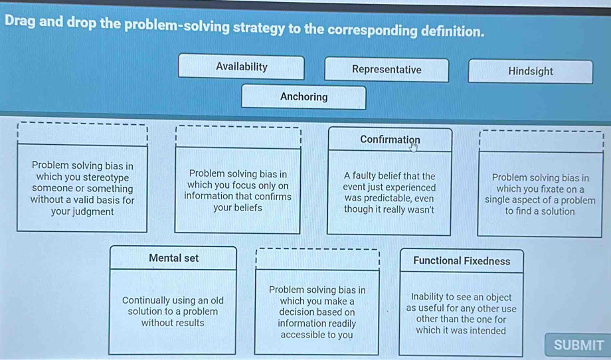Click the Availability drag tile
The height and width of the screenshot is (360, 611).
coord(241,67)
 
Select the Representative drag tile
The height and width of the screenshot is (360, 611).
coord(387,70)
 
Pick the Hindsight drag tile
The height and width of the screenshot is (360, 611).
coord(531,71)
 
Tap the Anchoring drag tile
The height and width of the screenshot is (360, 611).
coord(304,97)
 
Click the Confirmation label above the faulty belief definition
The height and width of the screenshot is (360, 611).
coord(390,139)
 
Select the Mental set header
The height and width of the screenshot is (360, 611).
coord(173,258)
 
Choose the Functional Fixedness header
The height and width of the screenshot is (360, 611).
coord(462,261)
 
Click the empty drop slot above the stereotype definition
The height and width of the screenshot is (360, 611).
coord(82,134)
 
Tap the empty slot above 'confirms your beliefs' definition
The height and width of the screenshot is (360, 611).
coord(238,137)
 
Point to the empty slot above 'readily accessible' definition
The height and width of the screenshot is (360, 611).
coord(317,259)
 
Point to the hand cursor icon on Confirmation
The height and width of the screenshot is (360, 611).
coord(414,147)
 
